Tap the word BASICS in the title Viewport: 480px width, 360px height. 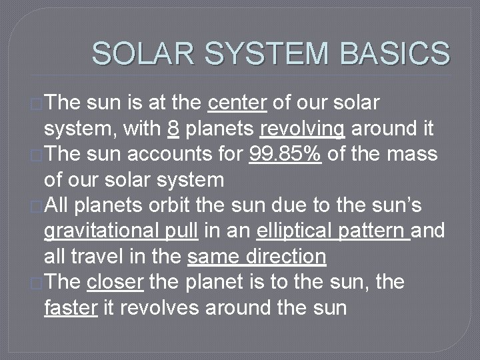point(396,53)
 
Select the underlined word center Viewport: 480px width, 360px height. point(238,104)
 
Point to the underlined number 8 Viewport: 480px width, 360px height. point(173,128)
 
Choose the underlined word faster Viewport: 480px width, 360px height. point(71,309)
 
